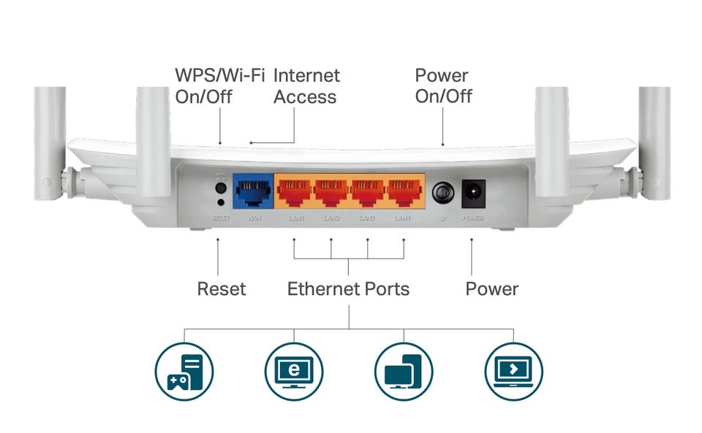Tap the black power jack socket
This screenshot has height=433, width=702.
click(x=473, y=193)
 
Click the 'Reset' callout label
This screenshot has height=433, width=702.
click(x=221, y=289)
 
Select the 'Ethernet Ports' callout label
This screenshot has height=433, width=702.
click(x=348, y=289)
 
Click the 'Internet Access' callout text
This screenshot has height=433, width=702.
click(x=306, y=86)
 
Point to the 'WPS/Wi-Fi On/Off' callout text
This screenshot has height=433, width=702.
click(x=209, y=86)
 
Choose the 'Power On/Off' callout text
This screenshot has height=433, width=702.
click(x=443, y=86)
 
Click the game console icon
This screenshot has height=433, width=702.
click(x=184, y=371)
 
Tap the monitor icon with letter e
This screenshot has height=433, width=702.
click(x=294, y=371)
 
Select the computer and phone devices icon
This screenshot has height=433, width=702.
click(x=404, y=371)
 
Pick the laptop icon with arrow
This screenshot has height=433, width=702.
click(x=514, y=371)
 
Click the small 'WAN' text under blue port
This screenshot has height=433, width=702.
click(x=254, y=218)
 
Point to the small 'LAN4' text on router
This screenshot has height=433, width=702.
click(x=404, y=218)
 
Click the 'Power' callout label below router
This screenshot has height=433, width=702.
click(x=491, y=289)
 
